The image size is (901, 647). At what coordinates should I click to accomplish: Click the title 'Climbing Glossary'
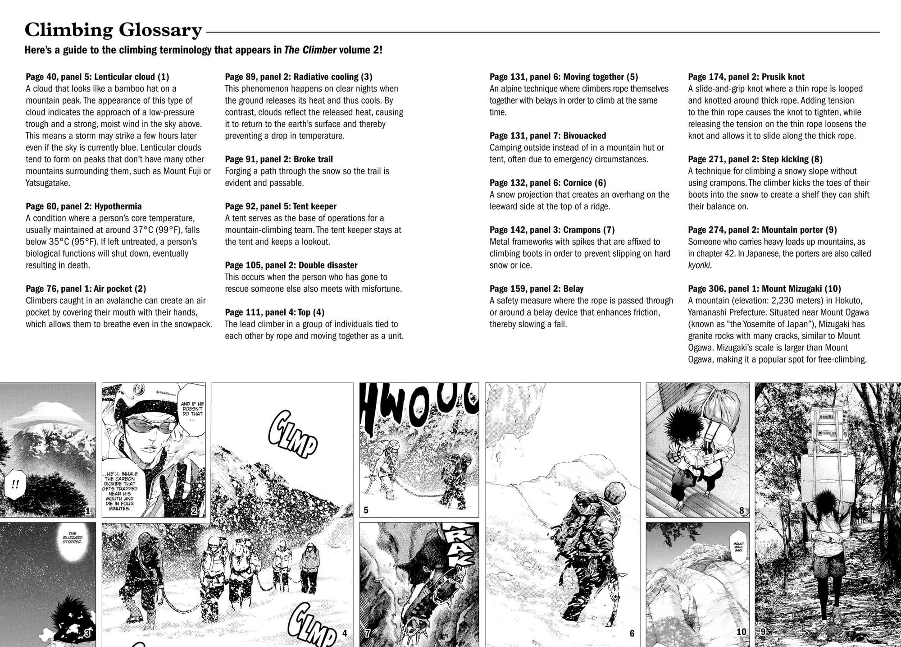pyautogui.click(x=113, y=30)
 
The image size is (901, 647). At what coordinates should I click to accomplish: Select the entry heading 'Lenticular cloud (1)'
pyautogui.click(x=98, y=77)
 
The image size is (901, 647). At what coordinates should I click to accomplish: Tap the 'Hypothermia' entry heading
pyautogui.click(x=84, y=206)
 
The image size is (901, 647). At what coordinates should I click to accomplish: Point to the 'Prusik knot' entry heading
pyautogui.click(x=746, y=77)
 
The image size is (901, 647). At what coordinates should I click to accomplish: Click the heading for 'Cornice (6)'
pyautogui.click(x=548, y=183)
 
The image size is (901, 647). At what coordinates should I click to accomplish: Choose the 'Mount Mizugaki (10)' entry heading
pyautogui.click(x=764, y=289)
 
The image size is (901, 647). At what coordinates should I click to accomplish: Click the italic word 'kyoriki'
pyautogui.click(x=699, y=266)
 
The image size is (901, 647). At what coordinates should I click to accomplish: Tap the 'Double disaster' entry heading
pyautogui.click(x=291, y=266)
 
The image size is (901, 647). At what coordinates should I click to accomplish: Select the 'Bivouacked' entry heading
pyautogui.click(x=548, y=136)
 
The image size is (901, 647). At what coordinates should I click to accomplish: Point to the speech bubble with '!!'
pyautogui.click(x=15, y=485)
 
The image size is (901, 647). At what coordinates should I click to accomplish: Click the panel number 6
pyautogui.click(x=632, y=633)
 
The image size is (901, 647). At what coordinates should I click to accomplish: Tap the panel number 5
pyautogui.click(x=366, y=510)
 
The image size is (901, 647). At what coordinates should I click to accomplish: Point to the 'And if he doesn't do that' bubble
pyautogui.click(x=192, y=409)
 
